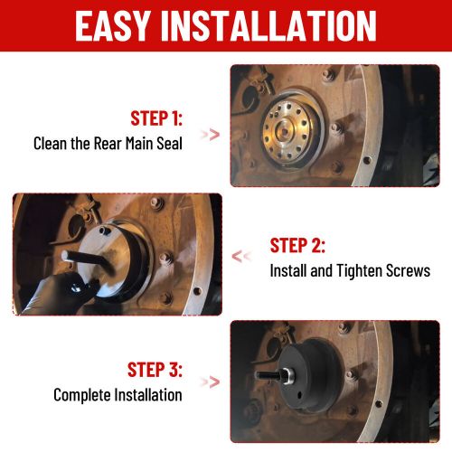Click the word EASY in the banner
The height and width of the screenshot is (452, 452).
coord(112,25)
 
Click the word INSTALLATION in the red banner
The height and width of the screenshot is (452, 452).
coord(268,25)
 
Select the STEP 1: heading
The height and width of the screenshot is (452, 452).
coord(156,118)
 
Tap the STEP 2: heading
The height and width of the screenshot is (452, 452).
coord(297,245)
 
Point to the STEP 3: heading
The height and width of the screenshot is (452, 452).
coord(155,370)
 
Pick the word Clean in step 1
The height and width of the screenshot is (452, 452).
coord(51,143)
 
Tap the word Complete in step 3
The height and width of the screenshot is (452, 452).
coord(82,395)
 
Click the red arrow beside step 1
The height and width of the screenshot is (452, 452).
coord(211,135)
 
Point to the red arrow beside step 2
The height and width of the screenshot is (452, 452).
coord(241,257)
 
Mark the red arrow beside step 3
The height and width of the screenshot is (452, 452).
coord(211,382)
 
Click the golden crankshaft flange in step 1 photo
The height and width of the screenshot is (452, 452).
coord(287,130)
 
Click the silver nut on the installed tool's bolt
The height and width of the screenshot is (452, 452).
coord(287,375)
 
